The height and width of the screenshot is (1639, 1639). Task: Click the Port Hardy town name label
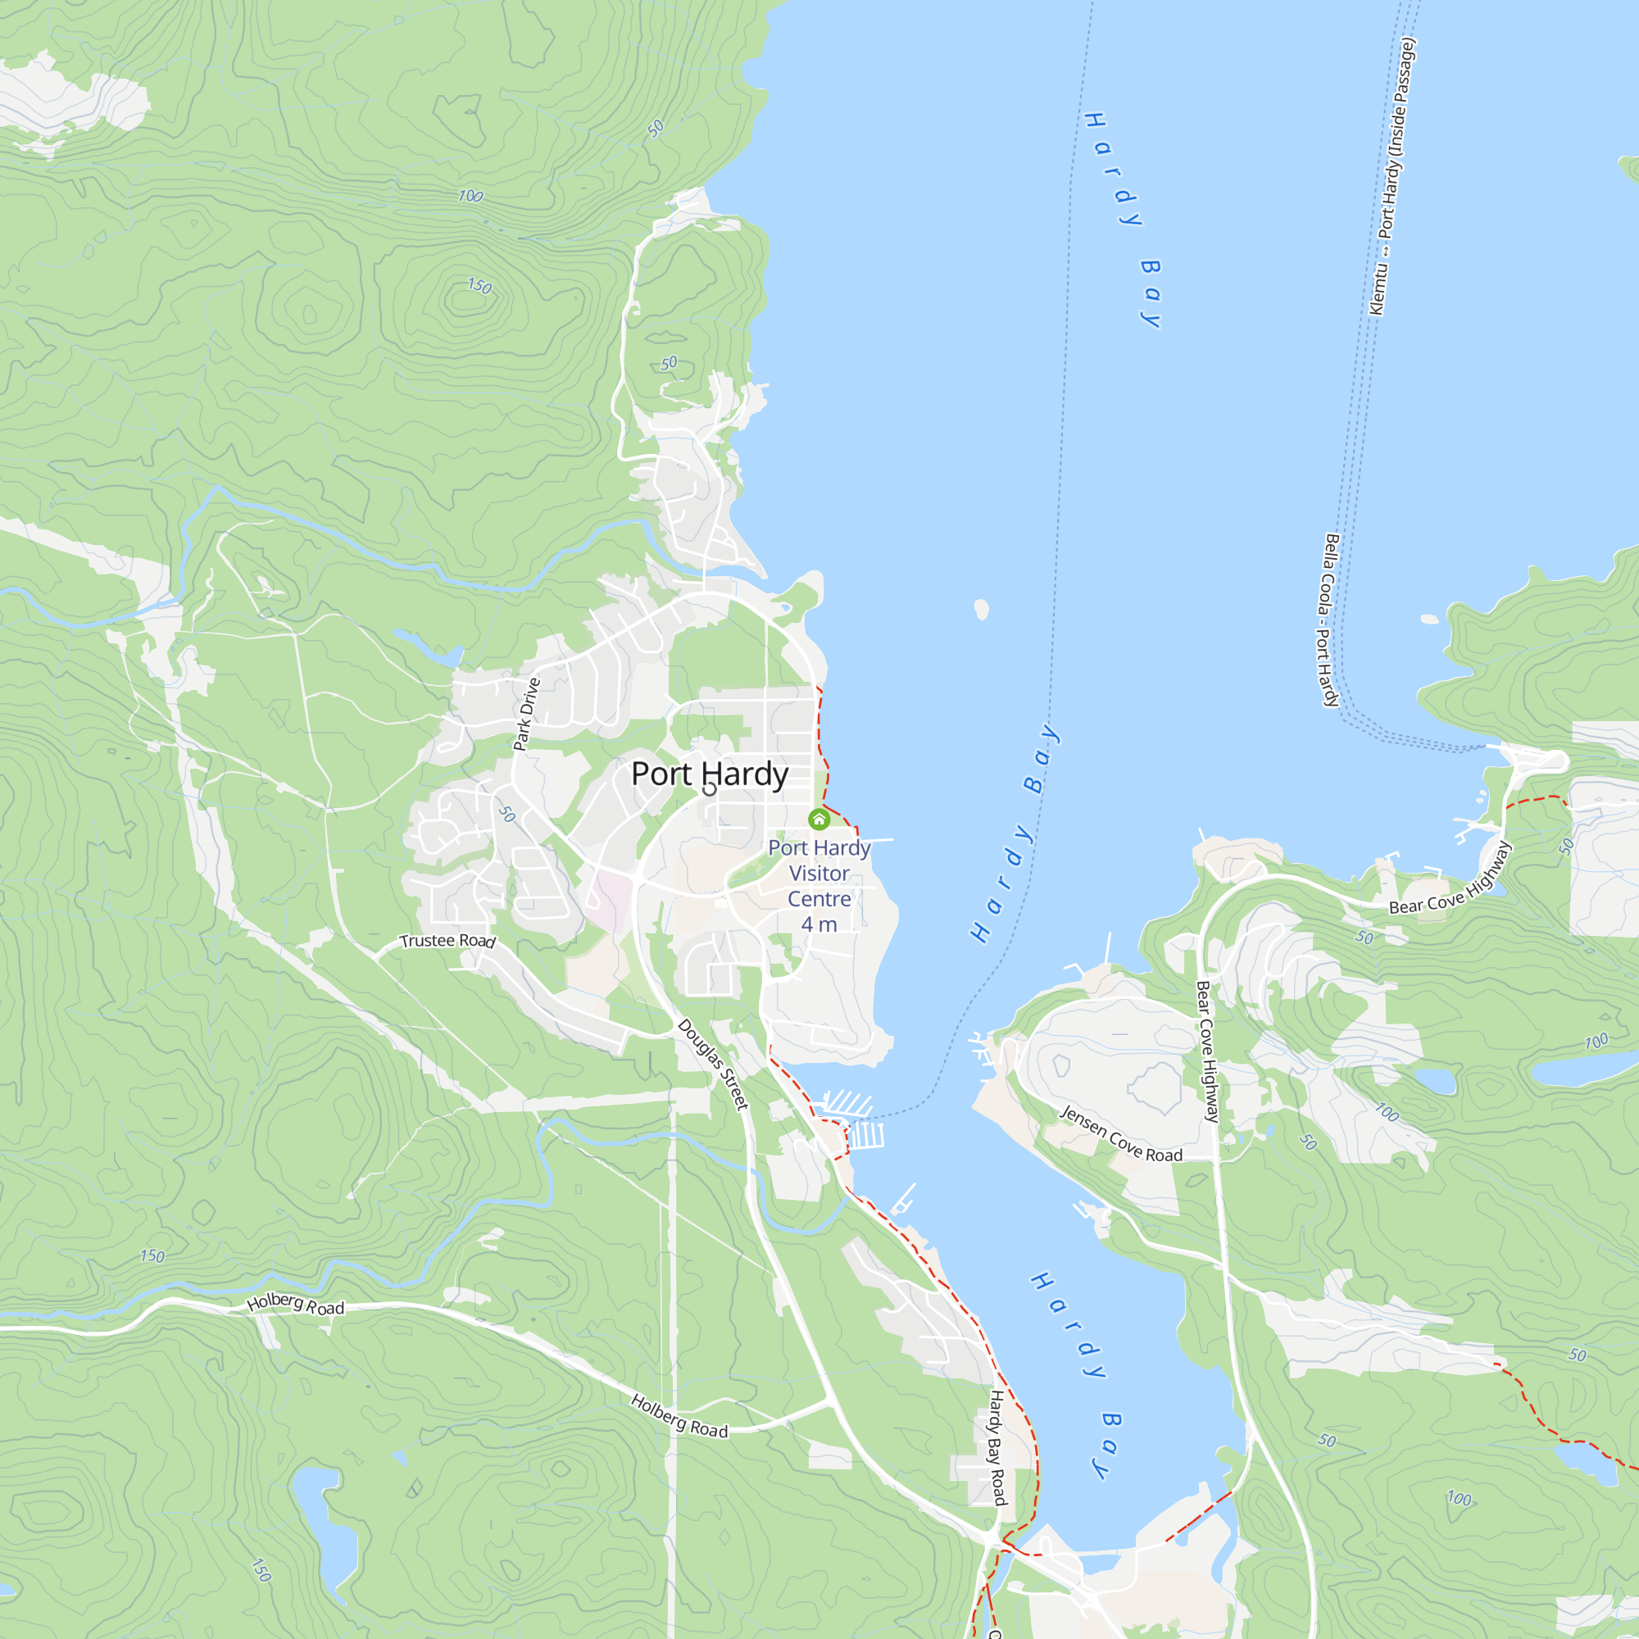pos(709,774)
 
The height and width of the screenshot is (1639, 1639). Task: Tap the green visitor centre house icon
pos(819,819)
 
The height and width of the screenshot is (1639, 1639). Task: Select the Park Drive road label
pos(527,714)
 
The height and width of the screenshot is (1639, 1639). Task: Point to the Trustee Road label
pos(447,941)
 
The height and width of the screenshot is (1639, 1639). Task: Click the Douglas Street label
pos(714,1064)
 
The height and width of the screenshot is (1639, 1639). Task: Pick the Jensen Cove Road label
pos(1120,1134)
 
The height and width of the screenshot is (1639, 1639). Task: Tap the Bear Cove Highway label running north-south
pos(1207,1051)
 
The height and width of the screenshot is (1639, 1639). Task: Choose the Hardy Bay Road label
pos(997,1447)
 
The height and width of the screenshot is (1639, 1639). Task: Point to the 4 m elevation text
pos(819,924)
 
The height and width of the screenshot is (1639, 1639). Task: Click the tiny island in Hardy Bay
pos(982,608)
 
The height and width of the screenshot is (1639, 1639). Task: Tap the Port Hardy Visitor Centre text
pos(819,873)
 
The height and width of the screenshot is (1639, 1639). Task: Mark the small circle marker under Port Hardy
pos(710,790)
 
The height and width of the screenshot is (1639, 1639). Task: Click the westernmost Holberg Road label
pos(295,1304)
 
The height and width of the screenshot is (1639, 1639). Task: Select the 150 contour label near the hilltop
pos(479,286)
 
